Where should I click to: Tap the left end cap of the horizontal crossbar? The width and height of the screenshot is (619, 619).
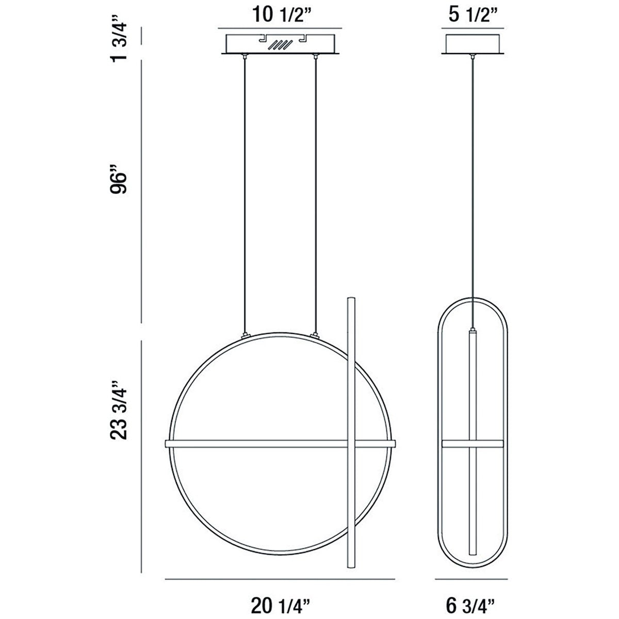(167, 444)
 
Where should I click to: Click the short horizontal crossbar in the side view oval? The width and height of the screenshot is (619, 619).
(472, 444)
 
